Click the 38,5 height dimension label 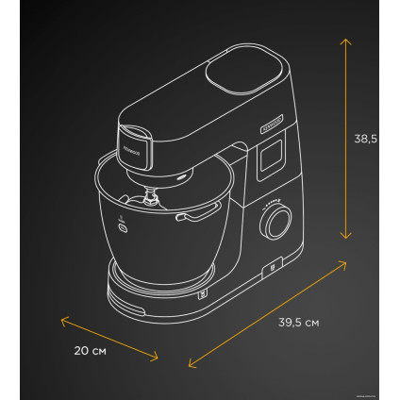click(364, 139)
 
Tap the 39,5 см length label click(298, 323)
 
